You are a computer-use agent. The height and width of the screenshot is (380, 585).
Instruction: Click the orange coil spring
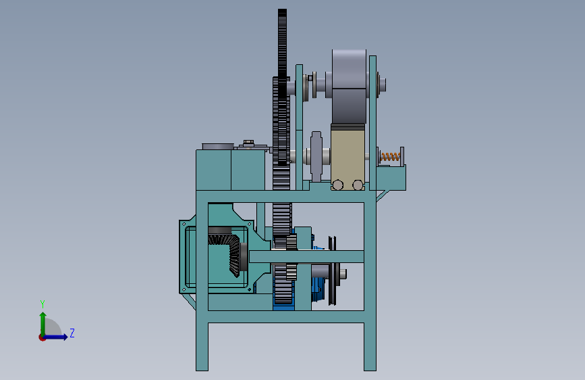389,157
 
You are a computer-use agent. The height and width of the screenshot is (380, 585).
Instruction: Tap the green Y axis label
43,304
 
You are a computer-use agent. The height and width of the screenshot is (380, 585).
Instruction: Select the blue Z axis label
72,333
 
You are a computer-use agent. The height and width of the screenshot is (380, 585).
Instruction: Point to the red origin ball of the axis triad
42,337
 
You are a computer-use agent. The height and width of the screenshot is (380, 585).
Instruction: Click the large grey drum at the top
349,86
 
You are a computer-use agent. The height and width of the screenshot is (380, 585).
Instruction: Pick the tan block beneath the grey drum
347,157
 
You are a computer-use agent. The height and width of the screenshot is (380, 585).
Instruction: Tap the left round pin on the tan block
338,185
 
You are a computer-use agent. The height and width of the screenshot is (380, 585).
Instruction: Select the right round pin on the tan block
358,185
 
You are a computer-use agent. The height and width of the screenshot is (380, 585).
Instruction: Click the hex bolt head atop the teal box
248,143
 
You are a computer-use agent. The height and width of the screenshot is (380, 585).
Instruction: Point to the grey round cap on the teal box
218,146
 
